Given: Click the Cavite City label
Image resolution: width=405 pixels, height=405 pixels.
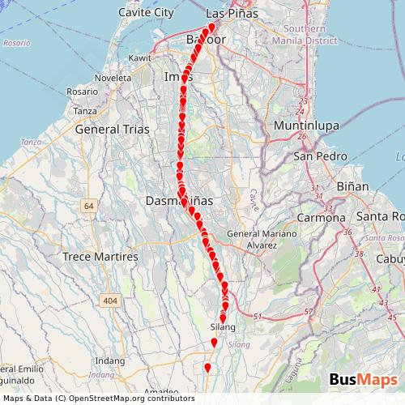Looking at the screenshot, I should coord(147,13).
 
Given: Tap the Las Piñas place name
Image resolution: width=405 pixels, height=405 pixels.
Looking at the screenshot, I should coord(232,14).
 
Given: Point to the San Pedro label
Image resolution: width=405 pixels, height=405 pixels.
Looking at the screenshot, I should coord(315,156).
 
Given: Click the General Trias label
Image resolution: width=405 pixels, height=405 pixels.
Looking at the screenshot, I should coord(108,129).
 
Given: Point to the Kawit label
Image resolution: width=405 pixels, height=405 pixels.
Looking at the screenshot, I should coord(140,58).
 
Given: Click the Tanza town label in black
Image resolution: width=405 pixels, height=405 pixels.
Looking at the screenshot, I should coord(84,111).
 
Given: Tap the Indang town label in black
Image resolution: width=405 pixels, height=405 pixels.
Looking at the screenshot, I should coord(109,360).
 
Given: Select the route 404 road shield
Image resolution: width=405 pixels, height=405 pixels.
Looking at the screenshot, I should coord(110,301).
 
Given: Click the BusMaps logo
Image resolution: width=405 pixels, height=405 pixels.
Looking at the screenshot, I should coord(363,381).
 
